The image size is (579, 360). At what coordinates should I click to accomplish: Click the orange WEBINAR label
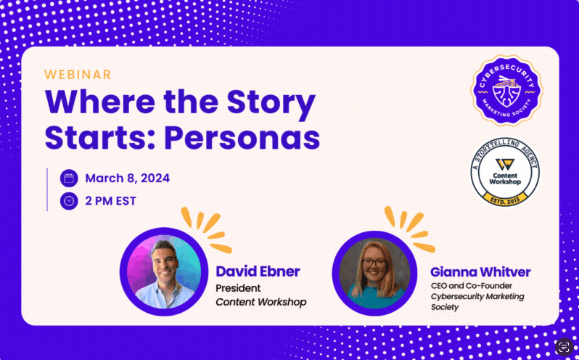click(78, 74)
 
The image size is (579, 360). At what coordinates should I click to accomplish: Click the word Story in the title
click(268, 102)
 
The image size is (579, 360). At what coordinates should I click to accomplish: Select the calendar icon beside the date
click(69, 179)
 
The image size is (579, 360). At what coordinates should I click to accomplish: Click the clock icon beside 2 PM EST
click(69, 201)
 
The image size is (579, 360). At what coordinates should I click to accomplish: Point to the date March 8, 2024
click(128, 179)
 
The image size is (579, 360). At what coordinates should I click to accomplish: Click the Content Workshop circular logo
click(506, 171)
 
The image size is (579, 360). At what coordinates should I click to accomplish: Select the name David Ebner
click(258, 271)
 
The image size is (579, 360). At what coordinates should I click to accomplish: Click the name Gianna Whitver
click(480, 272)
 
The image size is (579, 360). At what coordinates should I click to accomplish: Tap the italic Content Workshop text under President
click(260, 302)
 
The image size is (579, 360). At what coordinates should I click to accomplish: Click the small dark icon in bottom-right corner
click(564, 346)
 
